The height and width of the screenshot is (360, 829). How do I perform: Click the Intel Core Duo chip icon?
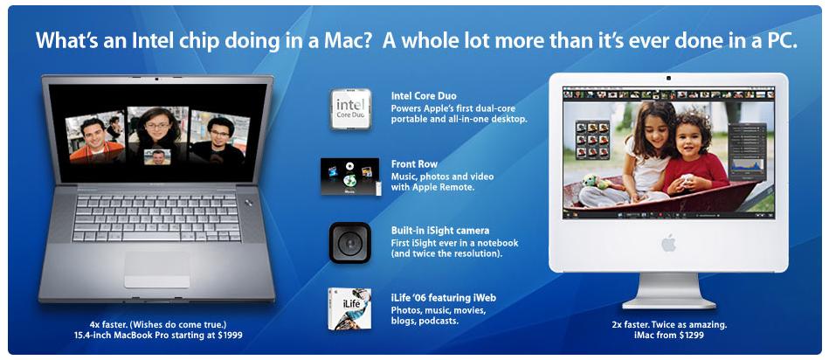(x=350, y=109)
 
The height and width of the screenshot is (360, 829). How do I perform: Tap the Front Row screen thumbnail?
(x=349, y=176)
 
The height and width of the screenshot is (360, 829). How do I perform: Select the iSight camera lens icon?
(x=349, y=242)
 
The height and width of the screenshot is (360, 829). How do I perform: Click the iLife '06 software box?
(x=349, y=308)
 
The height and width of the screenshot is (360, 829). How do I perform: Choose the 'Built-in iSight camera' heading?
(x=440, y=231)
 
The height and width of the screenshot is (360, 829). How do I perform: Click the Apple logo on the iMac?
(x=668, y=243)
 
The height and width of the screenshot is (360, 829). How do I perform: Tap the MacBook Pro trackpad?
(x=156, y=270)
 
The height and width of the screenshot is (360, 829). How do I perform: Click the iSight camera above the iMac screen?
(x=668, y=79)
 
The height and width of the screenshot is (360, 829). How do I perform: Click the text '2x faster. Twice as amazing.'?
(x=669, y=324)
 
